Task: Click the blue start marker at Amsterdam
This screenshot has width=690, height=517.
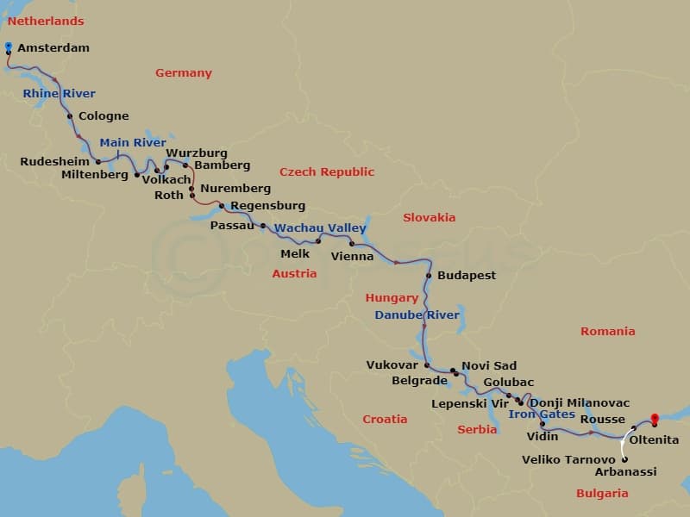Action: pos(9,47)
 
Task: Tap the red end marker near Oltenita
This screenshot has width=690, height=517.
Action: pos(654,420)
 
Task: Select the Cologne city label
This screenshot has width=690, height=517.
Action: pos(103,116)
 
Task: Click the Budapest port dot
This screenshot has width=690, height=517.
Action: pos(429,276)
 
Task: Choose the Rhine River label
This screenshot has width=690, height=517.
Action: pos(60,93)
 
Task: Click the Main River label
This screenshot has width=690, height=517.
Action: pos(133,143)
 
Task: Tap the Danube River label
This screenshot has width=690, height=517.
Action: pos(417,315)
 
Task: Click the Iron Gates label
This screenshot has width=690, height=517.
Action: pos(541,414)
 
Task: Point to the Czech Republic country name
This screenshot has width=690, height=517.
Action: pos(327,171)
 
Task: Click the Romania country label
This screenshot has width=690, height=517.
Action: pos(607,331)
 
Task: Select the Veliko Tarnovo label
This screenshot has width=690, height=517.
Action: pos(568,459)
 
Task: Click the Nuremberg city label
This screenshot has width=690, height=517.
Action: pos(235,189)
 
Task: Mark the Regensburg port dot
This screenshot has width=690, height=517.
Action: pos(222,206)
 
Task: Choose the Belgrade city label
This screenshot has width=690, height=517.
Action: pos(419,380)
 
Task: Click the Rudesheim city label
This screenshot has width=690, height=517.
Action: pos(55,161)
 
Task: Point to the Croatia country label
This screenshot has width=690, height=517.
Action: pos(385,419)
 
